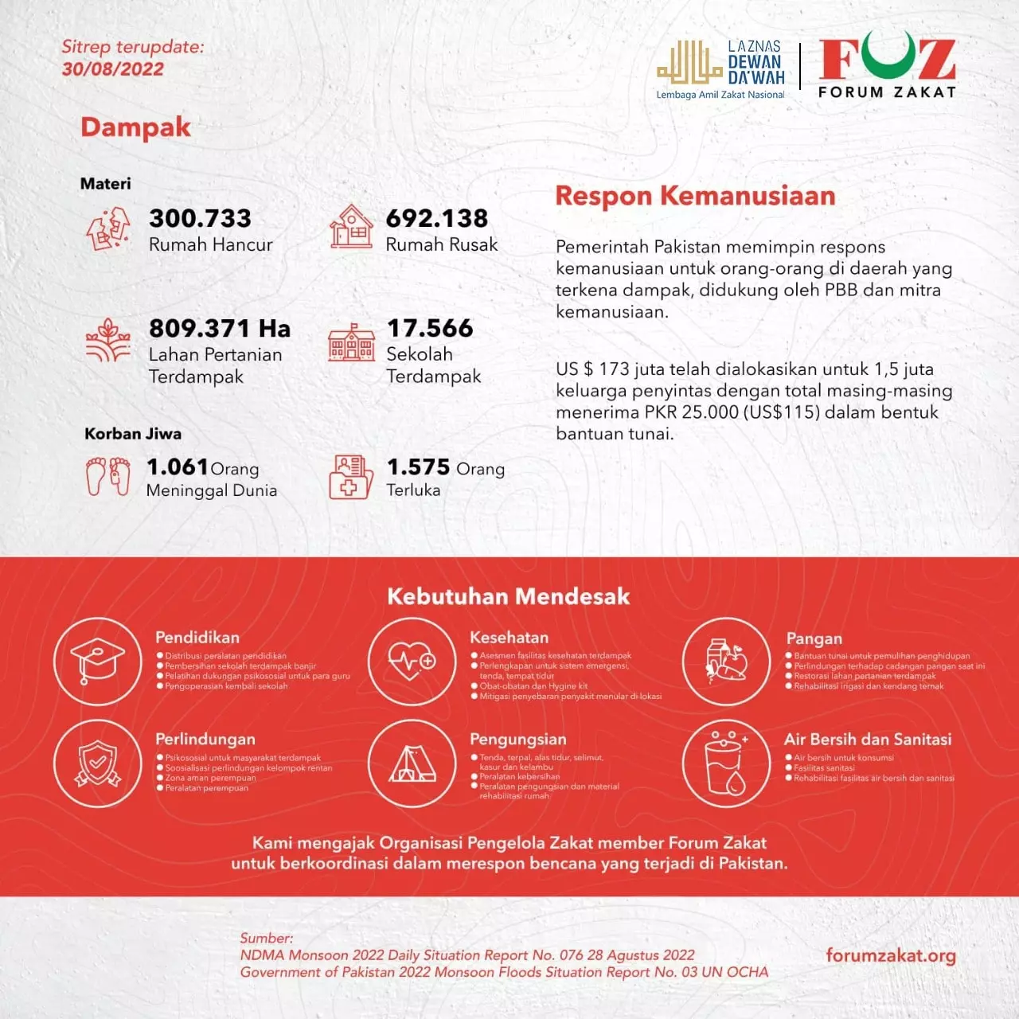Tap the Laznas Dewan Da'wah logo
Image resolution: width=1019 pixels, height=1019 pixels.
[x=721, y=69]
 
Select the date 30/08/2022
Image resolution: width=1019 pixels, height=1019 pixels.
[x=112, y=69]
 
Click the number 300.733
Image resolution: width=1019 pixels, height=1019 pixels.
[x=200, y=218]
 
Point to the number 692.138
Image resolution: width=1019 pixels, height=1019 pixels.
[x=436, y=218]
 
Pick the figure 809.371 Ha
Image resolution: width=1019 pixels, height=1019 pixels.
[x=219, y=328]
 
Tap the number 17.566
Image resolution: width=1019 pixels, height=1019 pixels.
[x=430, y=328]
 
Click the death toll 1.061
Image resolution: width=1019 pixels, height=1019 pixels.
[x=177, y=467]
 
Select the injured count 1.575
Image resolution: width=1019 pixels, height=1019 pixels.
[x=418, y=467]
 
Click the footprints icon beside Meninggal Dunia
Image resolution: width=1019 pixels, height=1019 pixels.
[x=108, y=476]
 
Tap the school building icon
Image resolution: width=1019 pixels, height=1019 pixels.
[x=351, y=343]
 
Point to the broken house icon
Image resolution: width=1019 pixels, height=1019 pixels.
[x=108, y=228]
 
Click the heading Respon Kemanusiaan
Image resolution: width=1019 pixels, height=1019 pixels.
[x=695, y=196]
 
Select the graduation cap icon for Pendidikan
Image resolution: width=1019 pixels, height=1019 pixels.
[x=97, y=661]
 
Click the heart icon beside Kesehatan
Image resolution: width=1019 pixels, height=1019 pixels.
[x=412, y=661]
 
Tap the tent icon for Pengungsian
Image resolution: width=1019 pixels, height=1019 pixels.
[x=412, y=763]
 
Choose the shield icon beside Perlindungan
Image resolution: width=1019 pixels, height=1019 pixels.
[x=97, y=763]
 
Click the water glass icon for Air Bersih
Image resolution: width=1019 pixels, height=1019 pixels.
[x=726, y=763]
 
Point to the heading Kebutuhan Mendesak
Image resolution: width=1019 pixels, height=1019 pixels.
[x=508, y=596]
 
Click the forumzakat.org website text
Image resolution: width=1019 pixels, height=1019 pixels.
[x=890, y=955]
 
